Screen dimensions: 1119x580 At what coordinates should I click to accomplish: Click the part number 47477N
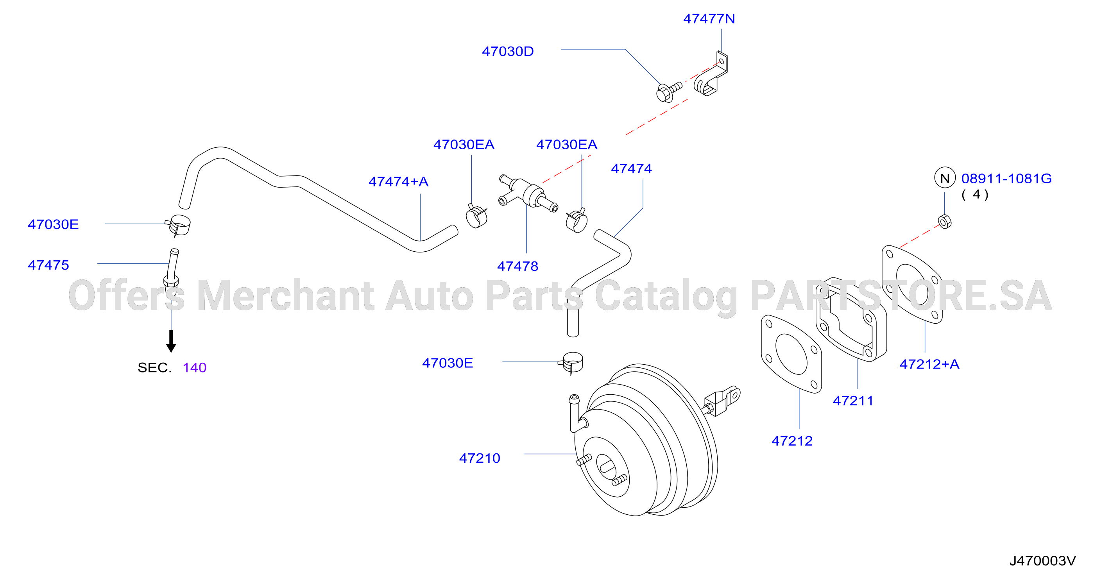tap(709, 19)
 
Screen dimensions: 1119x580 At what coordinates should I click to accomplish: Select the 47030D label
tap(508, 51)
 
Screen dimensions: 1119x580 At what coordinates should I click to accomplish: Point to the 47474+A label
tap(398, 181)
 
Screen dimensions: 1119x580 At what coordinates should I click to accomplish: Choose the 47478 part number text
tap(517, 266)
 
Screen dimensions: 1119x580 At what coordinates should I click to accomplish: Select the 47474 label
tap(631, 168)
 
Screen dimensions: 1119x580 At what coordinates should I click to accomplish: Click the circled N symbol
tap(945, 178)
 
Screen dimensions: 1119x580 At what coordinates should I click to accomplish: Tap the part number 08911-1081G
tap(1006, 178)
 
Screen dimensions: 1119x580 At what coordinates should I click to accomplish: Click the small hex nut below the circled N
tap(945, 222)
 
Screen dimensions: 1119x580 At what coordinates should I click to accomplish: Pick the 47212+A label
tap(929, 364)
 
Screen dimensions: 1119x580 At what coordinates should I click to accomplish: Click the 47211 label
tap(853, 401)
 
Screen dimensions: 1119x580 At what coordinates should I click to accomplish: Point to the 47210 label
tap(480, 458)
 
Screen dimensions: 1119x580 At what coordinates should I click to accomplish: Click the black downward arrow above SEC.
tap(171, 341)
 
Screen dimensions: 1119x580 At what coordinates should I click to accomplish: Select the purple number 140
tap(194, 367)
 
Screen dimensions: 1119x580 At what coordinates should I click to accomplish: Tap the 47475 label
tap(48, 265)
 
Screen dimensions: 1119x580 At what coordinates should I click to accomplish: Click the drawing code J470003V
tap(1042, 561)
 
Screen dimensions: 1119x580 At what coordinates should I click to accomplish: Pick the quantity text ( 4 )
tap(975, 194)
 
